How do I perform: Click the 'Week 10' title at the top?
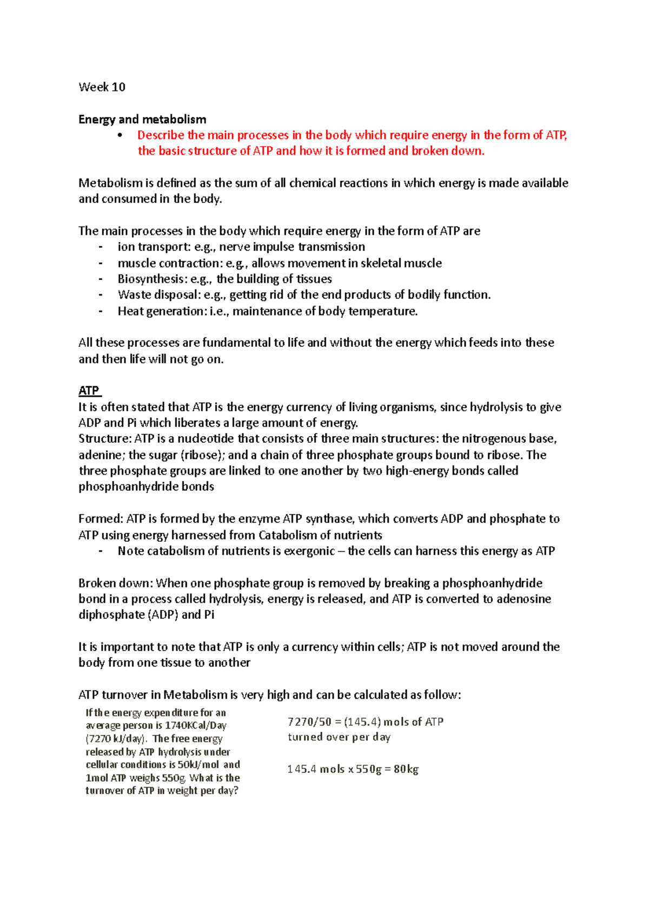pos(102,87)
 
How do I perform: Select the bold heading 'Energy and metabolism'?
pos(142,119)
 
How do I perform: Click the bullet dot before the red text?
pos(120,135)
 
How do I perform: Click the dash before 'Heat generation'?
pos(100,311)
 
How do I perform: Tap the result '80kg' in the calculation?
pos(406,769)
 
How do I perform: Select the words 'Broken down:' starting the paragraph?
pos(116,583)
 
